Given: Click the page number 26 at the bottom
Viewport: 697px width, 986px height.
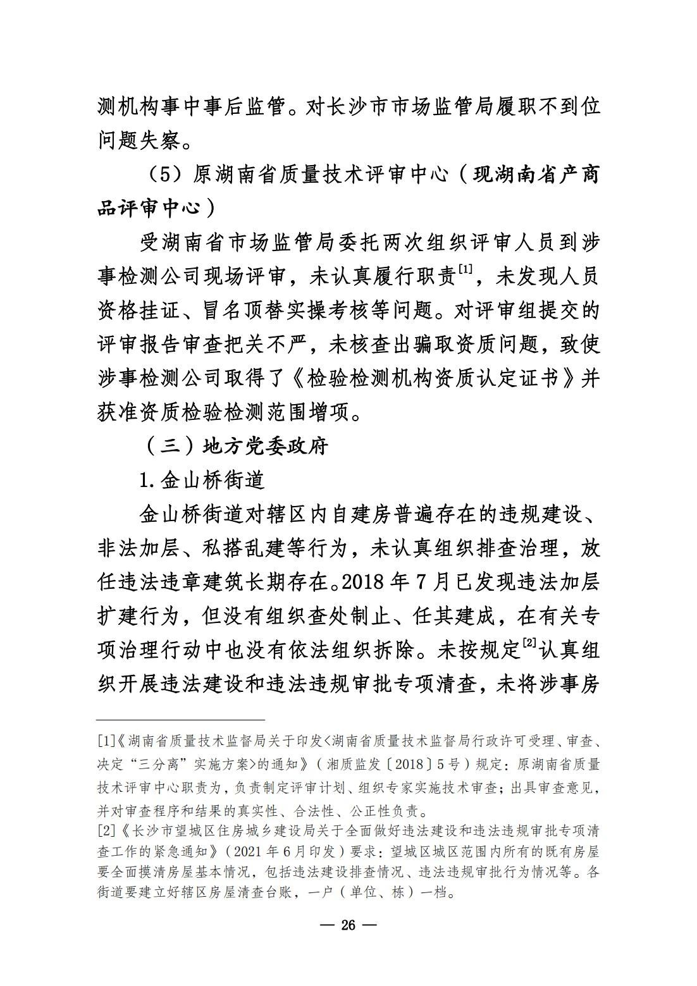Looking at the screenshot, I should pyautogui.click(x=348, y=925).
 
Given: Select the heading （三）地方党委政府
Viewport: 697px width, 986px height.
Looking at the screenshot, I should pyautogui.click(x=233, y=447).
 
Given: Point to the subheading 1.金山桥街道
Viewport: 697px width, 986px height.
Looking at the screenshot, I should pyautogui.click(x=202, y=480).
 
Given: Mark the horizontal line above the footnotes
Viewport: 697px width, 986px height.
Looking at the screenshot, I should pyautogui.click(x=180, y=719).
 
